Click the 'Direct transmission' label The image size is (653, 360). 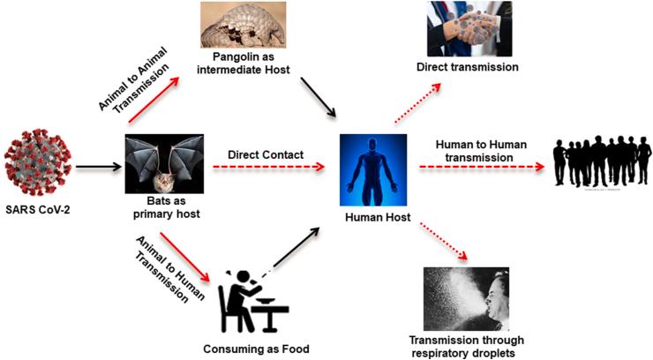pyautogui.click(x=467, y=66)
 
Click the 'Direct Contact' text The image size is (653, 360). pyautogui.click(x=266, y=155)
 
